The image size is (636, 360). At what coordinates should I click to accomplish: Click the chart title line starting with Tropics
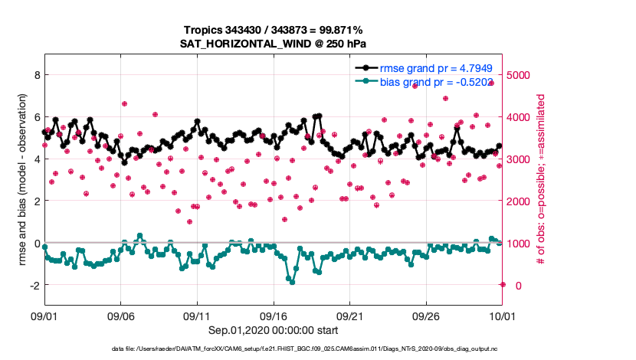point(274,29)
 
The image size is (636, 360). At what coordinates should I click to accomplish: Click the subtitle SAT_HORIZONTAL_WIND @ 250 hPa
point(274,43)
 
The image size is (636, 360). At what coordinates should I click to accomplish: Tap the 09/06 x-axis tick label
point(120,316)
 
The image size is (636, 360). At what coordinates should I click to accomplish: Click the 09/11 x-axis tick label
point(197,316)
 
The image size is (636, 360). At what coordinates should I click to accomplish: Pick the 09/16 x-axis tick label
point(274,316)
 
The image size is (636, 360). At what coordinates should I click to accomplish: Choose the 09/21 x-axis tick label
point(350,316)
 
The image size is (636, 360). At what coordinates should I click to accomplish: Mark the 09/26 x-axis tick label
point(426,316)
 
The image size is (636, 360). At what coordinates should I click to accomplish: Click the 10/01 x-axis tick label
point(502,316)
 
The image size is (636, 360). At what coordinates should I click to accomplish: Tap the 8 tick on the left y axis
point(35,75)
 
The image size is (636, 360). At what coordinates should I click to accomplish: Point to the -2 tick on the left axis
point(33,285)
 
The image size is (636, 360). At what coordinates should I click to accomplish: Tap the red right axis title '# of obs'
point(541,180)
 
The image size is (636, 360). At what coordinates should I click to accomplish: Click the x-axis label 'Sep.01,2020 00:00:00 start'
point(274,330)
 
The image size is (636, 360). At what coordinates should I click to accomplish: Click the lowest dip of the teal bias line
point(292,282)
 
